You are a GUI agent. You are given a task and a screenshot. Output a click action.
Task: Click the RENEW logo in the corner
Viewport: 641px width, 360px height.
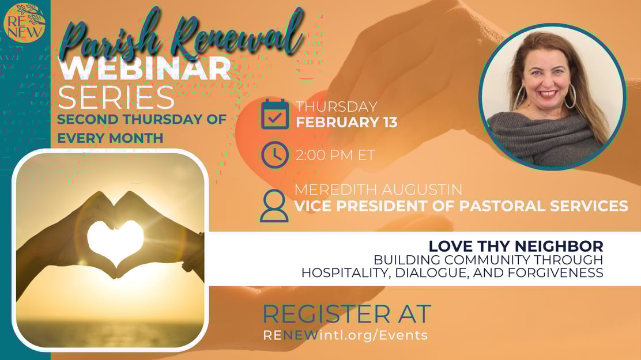coord(24,22)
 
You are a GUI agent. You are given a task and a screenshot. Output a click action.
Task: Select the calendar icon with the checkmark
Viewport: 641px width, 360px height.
coord(275,114)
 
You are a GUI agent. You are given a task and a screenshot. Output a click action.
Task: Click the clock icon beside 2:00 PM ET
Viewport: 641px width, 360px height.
coord(275,155)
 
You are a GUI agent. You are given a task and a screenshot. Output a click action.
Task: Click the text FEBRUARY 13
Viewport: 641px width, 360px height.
coord(346,122)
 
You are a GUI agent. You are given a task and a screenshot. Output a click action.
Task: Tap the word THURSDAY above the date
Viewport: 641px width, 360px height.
coord(337,107)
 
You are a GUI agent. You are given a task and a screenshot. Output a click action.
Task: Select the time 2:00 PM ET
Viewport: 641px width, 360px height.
coord(335,155)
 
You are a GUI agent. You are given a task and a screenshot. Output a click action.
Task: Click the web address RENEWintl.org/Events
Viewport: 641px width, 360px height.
coord(345,335)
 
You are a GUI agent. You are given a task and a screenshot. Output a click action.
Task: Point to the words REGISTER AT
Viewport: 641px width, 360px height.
coord(346,314)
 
